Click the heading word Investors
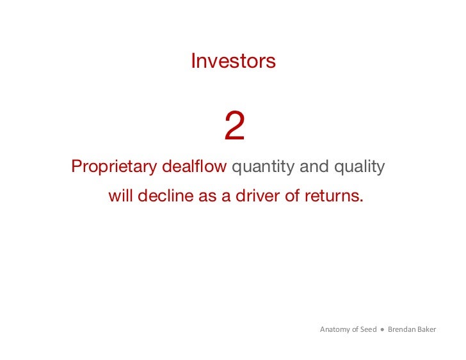pos(233,61)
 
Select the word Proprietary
pos(114,168)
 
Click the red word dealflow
pos(195,168)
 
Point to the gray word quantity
pos(262,168)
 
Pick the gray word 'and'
pos(314,168)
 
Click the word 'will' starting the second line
pos(120,196)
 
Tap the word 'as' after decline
pos(207,196)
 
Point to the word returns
pos(333,196)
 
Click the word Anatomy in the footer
pos(334,330)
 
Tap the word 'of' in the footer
pos(355,330)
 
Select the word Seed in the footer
pos(369,330)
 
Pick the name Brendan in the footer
pos(401,330)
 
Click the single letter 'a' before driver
pos(226,196)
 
